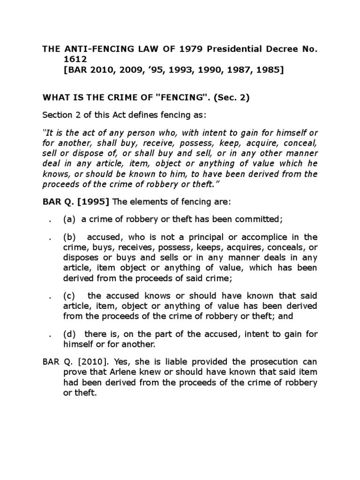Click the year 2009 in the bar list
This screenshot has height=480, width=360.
(131, 70)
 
